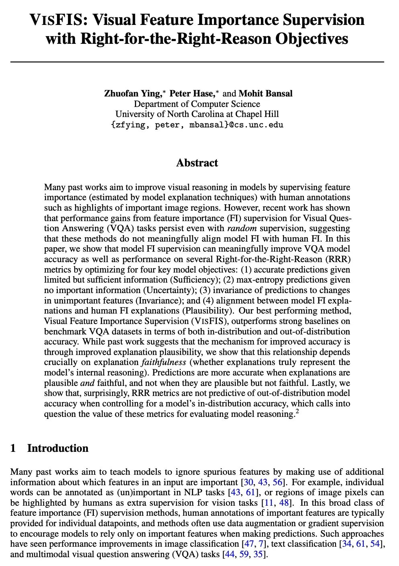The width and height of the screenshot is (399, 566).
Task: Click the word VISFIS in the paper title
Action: click(57, 20)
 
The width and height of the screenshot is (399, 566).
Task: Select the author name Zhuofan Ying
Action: click(132, 94)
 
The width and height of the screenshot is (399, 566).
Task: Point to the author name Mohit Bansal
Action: click(265, 94)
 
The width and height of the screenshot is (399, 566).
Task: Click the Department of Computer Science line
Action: click(197, 104)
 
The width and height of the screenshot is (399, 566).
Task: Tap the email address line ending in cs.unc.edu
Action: click(197, 125)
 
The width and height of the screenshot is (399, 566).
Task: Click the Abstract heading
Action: click(197, 163)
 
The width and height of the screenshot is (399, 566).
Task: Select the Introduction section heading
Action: click(57, 448)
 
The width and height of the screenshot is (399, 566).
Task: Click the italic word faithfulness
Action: click(163, 362)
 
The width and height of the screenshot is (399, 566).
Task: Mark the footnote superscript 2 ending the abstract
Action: click(297, 411)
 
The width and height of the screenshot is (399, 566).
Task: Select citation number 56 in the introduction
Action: click(278, 482)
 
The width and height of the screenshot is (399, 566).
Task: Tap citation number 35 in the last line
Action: click(259, 554)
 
